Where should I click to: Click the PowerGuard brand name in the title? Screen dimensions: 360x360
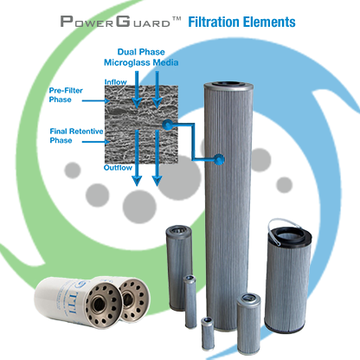[x=115, y=22]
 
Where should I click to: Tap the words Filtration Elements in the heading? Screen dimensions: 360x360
[x=241, y=22]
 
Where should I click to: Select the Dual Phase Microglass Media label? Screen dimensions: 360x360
[x=141, y=57]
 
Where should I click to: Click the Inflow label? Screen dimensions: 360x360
[x=115, y=82]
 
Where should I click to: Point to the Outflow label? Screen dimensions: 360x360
[x=118, y=168]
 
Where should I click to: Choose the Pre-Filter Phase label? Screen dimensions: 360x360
[x=66, y=95]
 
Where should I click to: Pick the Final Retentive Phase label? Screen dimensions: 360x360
[x=76, y=136]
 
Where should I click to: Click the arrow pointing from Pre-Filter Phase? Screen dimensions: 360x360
[x=96, y=100]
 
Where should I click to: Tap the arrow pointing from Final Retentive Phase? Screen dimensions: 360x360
[x=96, y=142]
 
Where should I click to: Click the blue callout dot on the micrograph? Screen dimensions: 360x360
[x=168, y=125]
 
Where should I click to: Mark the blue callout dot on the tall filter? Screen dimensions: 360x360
[x=219, y=159]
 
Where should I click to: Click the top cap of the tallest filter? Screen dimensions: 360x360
[x=228, y=86]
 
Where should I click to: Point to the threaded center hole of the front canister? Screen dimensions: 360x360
[x=100, y=304]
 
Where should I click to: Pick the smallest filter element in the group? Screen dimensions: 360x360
[x=208, y=333]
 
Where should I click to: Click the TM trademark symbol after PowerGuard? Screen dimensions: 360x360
[x=177, y=19]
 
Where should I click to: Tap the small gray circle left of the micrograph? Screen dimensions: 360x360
[x=72, y=170]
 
